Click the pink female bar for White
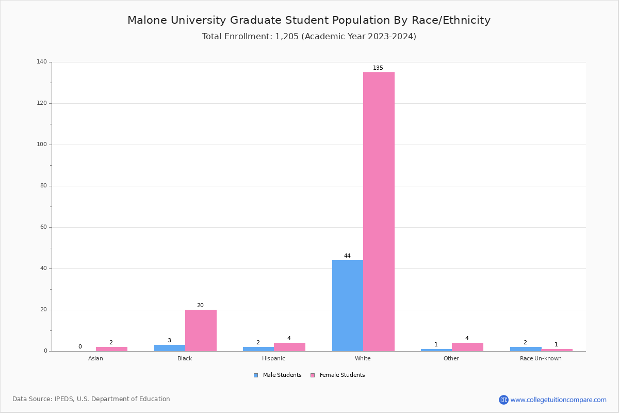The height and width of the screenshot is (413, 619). pos(379,212)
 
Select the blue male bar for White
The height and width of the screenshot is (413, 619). pos(348,306)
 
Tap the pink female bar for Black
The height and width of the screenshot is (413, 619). pos(201,330)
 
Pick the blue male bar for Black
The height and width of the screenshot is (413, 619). pos(170,348)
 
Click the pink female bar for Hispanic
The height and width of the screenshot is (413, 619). pos(289,347)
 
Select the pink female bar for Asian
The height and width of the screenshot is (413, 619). pos(111,349)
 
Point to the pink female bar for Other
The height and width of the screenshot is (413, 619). pos(467,347)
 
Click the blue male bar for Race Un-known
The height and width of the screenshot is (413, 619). pos(526,349)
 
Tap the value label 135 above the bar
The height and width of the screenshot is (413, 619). pos(378,68)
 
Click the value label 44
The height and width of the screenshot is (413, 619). pos(347,256)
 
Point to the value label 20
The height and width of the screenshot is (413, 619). pos(200,306)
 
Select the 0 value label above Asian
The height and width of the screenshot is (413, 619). pos(80,347)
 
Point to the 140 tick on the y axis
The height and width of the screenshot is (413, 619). pos(42,62)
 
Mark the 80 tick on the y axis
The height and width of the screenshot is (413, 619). pos(43,186)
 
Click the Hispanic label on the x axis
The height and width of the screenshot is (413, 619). pos(273,358)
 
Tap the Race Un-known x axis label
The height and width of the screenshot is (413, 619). pos(541,358)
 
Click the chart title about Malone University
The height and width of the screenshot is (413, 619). pos(309,21)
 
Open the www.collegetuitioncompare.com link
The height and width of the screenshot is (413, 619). pos(558,400)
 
